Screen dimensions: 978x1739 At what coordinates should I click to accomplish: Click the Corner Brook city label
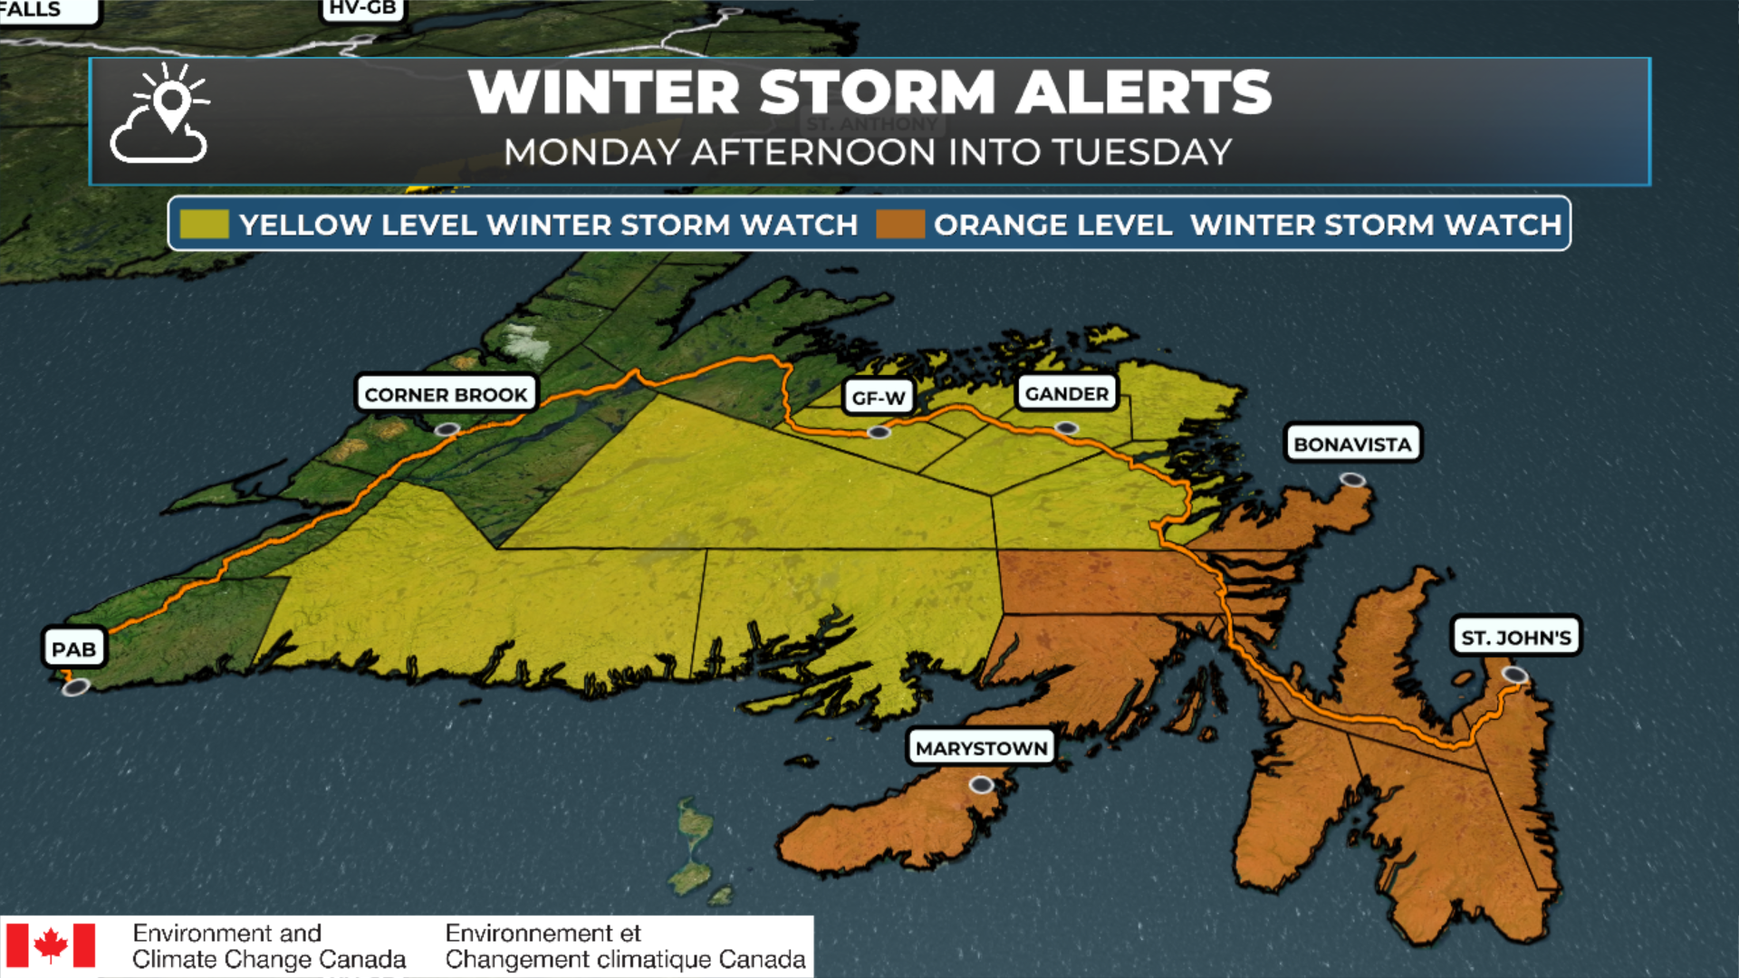pos(446,395)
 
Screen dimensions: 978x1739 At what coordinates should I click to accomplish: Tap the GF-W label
pos(878,398)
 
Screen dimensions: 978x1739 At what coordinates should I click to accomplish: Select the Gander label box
pos(1066,394)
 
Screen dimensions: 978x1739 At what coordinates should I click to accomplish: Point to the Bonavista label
pos(1352,444)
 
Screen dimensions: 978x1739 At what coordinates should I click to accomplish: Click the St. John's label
pos(1515,638)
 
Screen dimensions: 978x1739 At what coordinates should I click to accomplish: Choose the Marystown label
pos(981,748)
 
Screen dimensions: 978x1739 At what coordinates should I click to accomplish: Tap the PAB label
pos(73,649)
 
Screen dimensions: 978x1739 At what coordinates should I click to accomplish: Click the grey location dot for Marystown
pos(981,785)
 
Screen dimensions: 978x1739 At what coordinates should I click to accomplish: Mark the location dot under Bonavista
pos(1352,480)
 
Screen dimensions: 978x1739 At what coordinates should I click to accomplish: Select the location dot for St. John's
pos(1514,675)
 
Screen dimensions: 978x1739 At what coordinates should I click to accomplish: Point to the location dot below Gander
pos(1067,428)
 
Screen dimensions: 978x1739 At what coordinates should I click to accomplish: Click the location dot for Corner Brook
pos(447,429)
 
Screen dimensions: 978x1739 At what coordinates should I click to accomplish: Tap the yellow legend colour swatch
pos(204,225)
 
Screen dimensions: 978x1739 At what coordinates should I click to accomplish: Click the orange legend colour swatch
pos(900,225)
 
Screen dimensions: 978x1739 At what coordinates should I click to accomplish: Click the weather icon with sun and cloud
pos(161,115)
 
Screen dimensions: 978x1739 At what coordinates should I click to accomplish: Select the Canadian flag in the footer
pos(51,946)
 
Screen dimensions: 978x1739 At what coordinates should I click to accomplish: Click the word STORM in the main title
pos(877,92)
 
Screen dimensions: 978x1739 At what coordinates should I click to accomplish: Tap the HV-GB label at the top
pos(362,9)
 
